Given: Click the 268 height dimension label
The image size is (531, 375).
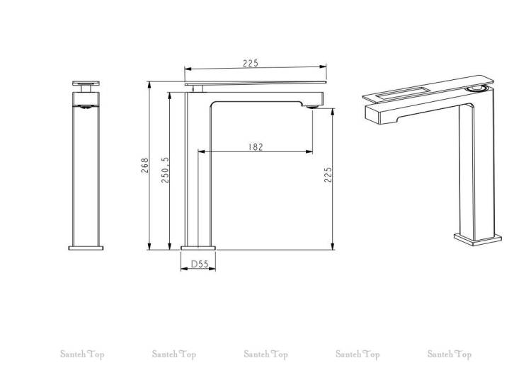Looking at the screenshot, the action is pyautogui.click(x=145, y=166).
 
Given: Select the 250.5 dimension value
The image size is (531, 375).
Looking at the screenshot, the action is pyautogui.click(x=165, y=171).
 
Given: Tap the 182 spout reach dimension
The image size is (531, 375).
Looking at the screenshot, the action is pyautogui.click(x=256, y=147).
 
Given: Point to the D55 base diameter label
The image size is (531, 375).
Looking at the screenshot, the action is pyautogui.click(x=200, y=264).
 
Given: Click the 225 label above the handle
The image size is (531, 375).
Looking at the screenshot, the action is pyautogui.click(x=251, y=63).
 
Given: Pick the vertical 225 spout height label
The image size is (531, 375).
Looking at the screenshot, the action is pyautogui.click(x=328, y=175).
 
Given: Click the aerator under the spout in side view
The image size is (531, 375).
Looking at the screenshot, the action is pyautogui.click(x=312, y=107).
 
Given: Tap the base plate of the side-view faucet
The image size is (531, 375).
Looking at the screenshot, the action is pyautogui.click(x=198, y=248).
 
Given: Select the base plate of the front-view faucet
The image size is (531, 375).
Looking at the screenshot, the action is pyautogui.click(x=86, y=248).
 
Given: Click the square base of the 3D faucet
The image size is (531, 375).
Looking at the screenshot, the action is pyautogui.click(x=477, y=238).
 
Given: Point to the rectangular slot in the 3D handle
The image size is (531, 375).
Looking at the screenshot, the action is pyautogui.click(x=403, y=93).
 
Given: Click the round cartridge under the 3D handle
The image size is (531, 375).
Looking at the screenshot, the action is pyautogui.click(x=476, y=88).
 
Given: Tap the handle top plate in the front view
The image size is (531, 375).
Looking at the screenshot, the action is pyautogui.click(x=86, y=83).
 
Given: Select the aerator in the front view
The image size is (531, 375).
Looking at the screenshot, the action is pyautogui.click(x=86, y=107).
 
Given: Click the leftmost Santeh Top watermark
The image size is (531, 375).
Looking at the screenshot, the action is pyautogui.click(x=82, y=354).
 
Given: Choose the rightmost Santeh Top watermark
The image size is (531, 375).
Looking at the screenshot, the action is pyautogui.click(x=450, y=354).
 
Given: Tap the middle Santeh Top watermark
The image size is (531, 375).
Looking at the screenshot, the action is pyautogui.click(x=265, y=354).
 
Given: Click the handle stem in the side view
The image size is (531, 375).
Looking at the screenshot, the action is pyautogui.click(x=198, y=88).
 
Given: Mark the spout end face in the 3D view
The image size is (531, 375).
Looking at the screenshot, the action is pyautogui.click(x=373, y=115).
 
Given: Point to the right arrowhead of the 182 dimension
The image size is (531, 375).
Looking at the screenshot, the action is pyautogui.click(x=309, y=151).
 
